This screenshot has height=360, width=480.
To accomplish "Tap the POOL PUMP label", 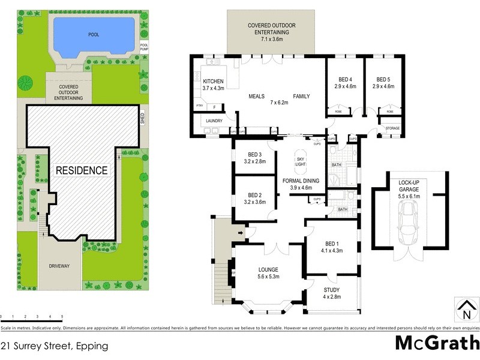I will (144, 46).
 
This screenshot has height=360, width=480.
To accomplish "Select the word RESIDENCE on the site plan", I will (82, 170).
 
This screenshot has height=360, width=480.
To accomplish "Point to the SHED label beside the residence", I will (143, 119).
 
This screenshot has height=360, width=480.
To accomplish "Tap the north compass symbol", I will (466, 310).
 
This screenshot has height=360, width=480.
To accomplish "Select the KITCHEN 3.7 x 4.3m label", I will (213, 85).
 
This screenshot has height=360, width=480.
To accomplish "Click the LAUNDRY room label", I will (214, 121).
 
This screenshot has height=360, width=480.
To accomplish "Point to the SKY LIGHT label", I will (301, 161).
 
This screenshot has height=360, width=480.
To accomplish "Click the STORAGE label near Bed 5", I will (392, 127).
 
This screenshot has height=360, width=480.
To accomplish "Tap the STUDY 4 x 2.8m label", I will (331, 293).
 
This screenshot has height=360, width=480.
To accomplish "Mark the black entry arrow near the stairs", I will (241, 232).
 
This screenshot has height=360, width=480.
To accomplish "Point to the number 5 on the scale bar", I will (62, 316).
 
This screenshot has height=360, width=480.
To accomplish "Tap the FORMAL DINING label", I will (302, 184).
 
